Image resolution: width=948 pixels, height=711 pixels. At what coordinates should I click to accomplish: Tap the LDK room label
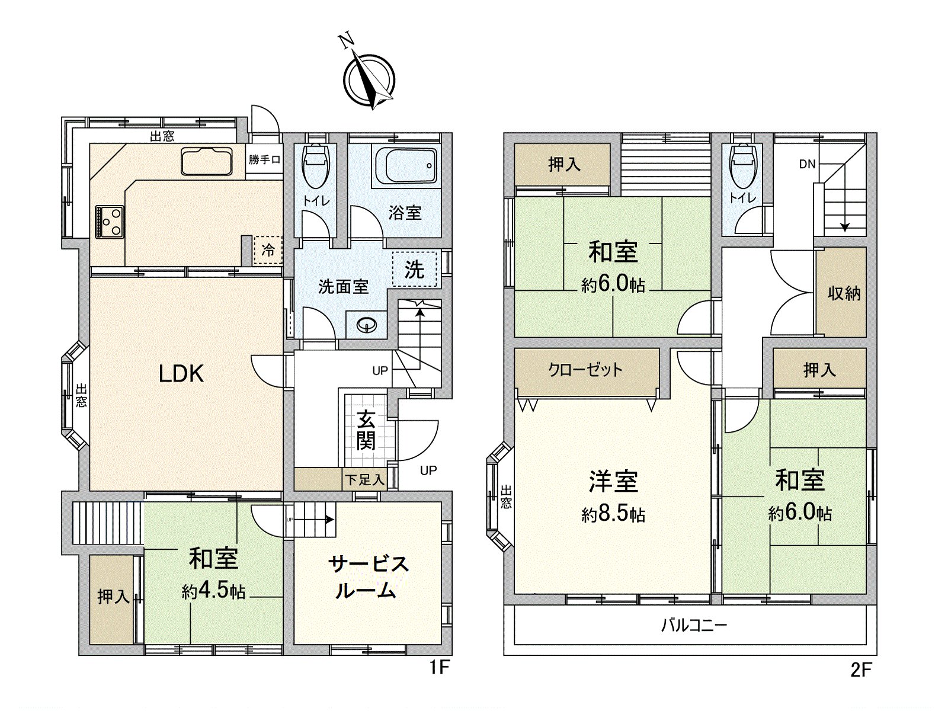click(x=181, y=374)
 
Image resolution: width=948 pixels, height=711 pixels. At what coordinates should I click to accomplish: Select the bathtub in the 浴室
click(x=405, y=165)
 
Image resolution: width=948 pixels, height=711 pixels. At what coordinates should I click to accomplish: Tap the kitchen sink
click(x=207, y=161)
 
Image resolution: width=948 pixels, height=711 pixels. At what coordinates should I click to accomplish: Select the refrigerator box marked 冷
click(x=268, y=250)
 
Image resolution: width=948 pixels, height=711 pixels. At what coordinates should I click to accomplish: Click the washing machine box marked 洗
click(x=415, y=270)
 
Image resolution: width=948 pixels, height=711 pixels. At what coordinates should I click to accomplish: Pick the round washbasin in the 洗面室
click(x=368, y=325)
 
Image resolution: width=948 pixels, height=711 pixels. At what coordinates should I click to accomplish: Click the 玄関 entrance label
click(x=366, y=431)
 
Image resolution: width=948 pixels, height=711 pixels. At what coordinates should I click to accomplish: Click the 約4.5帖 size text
click(x=213, y=591)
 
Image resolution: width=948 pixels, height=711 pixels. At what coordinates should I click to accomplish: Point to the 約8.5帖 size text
click(x=613, y=514)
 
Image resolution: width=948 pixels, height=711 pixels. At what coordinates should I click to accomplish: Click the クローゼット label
click(x=585, y=370)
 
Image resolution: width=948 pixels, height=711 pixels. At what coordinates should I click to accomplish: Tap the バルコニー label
click(x=694, y=625)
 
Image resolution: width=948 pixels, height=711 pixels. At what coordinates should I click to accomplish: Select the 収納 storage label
click(x=844, y=293)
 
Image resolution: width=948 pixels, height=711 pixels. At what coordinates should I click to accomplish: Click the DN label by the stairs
click(x=808, y=164)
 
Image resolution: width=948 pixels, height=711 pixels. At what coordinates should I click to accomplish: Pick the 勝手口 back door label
click(x=264, y=159)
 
